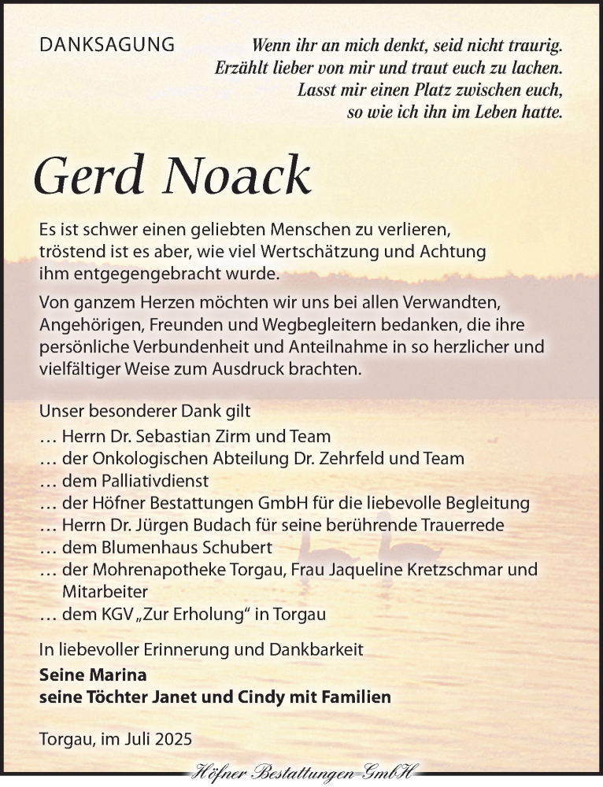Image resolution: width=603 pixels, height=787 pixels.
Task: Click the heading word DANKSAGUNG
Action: coord(107,46)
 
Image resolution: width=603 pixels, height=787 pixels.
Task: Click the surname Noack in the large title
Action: coord(236,176)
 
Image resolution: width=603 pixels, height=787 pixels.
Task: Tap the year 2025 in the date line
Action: coord(173,740)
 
